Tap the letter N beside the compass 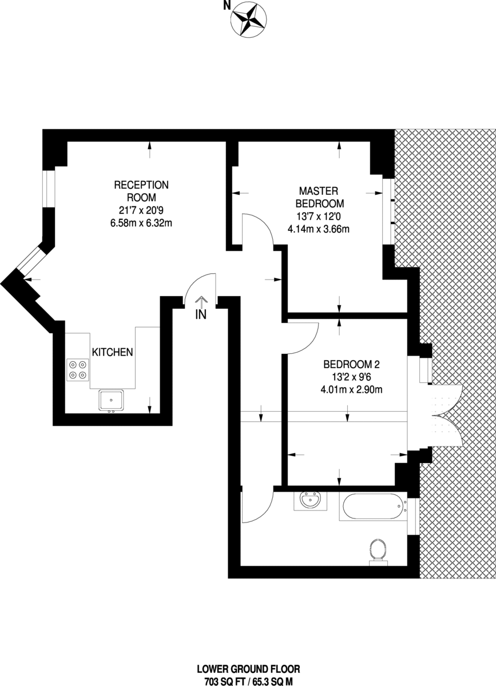(227, 6)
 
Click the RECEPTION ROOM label (141, 191)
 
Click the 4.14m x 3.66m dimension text (319, 229)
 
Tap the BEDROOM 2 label (352, 365)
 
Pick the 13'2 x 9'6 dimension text (352, 377)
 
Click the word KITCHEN (113, 352)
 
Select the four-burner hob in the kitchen (78, 370)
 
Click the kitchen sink (111, 400)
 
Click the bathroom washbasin (310, 501)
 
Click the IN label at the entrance (201, 315)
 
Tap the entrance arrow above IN (201, 302)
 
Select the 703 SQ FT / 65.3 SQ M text (248, 681)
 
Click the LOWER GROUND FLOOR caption (248, 669)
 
